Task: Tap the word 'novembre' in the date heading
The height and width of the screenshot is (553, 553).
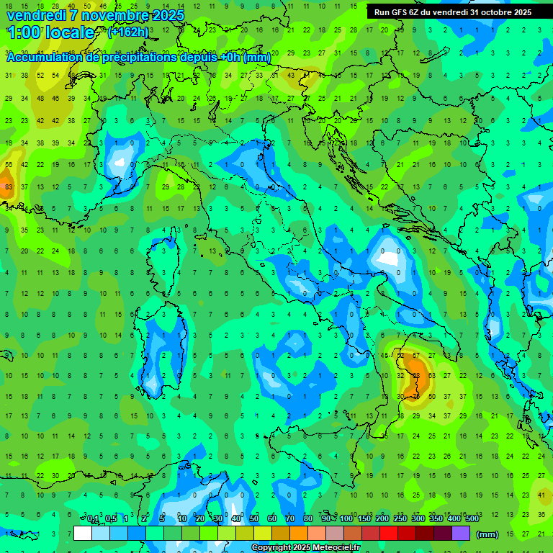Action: (x=113, y=15)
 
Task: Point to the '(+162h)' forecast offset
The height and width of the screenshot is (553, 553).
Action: (x=128, y=32)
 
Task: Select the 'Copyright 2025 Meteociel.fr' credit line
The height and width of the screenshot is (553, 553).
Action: (x=306, y=548)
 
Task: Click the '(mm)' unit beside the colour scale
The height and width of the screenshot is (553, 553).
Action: (x=487, y=534)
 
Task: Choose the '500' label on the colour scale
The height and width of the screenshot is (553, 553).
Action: (x=472, y=519)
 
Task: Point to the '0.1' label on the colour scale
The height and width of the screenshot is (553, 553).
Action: (x=93, y=519)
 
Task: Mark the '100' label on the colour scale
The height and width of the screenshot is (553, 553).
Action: (x=346, y=519)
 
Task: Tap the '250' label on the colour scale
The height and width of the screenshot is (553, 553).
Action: (x=400, y=519)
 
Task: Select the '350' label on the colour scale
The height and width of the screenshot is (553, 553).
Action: (x=436, y=519)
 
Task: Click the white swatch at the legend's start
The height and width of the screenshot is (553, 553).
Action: (x=83, y=534)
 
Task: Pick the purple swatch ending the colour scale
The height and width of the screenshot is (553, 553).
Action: (x=461, y=534)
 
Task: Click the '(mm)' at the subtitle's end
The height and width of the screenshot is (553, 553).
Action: (x=258, y=58)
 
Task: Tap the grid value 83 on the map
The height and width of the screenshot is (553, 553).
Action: (x=9, y=187)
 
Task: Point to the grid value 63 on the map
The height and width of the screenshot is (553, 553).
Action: (x=431, y=376)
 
